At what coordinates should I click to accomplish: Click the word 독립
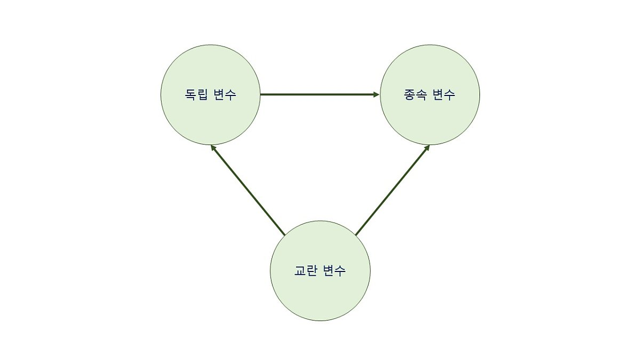[x=196, y=95]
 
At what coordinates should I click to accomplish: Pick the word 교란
[x=306, y=271]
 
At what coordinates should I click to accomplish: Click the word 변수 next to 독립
[x=224, y=95]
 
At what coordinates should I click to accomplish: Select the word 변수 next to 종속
[x=444, y=95]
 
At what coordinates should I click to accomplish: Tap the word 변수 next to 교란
[x=334, y=271]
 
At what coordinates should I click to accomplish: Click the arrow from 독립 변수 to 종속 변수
[x=320, y=95]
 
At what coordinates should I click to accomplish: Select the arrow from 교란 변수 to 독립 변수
[x=249, y=190]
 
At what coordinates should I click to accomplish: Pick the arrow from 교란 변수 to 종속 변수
[x=392, y=190]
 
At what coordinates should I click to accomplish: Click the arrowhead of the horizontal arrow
[x=377, y=95]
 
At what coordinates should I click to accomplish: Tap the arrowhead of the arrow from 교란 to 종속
[x=427, y=147]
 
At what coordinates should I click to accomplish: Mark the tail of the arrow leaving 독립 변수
[x=262, y=95]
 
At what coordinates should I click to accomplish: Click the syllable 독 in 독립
[x=190, y=95]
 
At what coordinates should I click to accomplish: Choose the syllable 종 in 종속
[x=410, y=95]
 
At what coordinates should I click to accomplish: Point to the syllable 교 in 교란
[x=300, y=271]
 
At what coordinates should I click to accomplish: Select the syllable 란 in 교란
[x=312, y=271]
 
